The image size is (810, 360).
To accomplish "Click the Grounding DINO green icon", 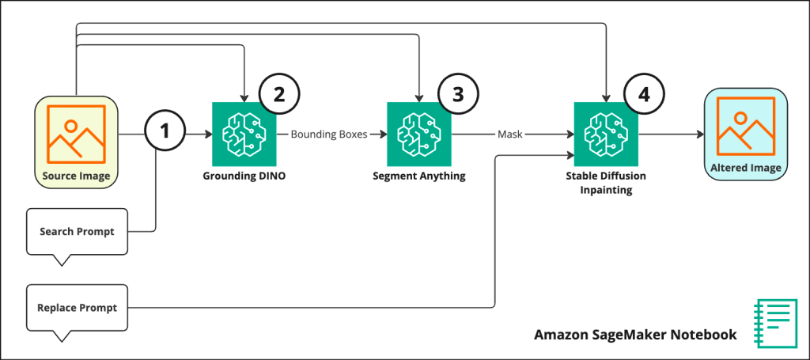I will pos(244,134).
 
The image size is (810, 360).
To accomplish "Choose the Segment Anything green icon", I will pos(419,134).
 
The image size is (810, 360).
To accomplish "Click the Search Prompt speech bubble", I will pos(77,232).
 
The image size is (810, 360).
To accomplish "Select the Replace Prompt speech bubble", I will pos(77,307).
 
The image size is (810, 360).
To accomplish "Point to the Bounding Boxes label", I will pos(329,135).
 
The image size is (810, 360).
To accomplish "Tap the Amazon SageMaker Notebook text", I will pos(635,335).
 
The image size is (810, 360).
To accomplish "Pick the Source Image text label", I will pos(76,176).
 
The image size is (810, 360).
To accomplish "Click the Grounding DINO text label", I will pos(244,176).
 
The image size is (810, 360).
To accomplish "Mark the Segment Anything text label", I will pos(419,176).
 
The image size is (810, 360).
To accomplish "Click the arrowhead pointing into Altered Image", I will pos(700,135).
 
